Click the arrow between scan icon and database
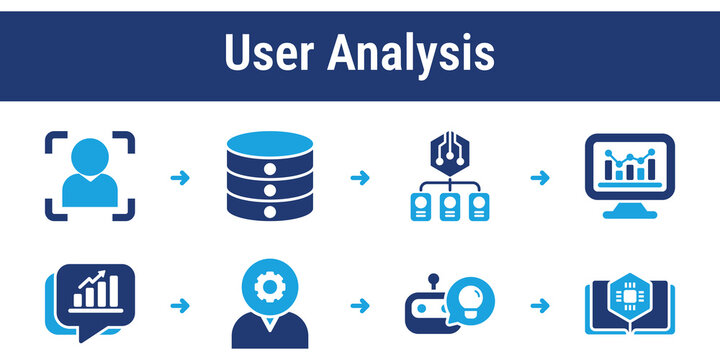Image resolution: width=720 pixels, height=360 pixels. pyautogui.click(x=180, y=178)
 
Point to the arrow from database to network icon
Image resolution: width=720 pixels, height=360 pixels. pyautogui.click(x=359, y=178)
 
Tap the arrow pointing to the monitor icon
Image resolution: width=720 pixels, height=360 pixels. pyautogui.click(x=539, y=178)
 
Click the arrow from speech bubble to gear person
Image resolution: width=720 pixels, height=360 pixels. pyautogui.click(x=180, y=304)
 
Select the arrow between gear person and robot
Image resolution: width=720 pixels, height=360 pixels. pyautogui.click(x=359, y=304)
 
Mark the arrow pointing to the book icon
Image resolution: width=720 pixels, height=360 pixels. pyautogui.click(x=539, y=304)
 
